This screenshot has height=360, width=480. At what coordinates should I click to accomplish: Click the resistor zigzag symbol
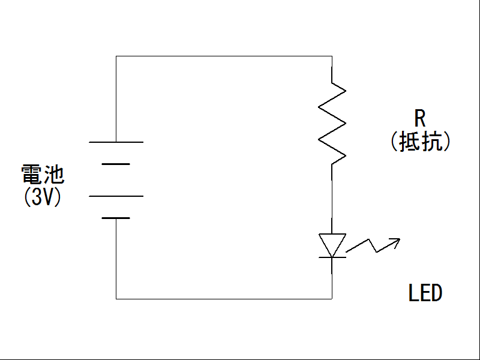pos(332,123)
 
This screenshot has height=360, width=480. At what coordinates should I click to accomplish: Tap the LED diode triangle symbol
pos(332,244)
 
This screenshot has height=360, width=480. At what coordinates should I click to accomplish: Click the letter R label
pos(420,118)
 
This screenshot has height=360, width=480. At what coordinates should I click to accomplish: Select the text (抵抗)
pos(420,142)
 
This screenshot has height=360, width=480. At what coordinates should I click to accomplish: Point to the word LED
pos(425,293)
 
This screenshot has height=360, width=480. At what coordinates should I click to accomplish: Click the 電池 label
pos(43,175)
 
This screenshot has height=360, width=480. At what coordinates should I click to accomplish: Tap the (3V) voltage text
pos(43,197)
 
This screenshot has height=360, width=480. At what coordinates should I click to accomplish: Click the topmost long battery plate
pos(116,142)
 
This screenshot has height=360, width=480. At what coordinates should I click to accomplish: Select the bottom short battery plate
pos(116,218)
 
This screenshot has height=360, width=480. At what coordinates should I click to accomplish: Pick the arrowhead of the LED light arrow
pos(396,241)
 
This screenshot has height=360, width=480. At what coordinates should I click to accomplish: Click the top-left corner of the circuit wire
pos(116,56)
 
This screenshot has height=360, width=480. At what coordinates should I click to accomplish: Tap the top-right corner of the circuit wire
pos(332,56)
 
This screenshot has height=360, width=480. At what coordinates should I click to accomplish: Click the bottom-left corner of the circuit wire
pos(116,298)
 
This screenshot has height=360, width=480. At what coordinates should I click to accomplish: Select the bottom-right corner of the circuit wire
pos(332,298)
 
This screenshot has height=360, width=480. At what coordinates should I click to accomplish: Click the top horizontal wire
pos(222,56)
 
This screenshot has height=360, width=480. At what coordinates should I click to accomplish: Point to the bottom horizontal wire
pos(222,298)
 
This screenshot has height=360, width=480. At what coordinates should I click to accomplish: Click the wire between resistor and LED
pos(332,198)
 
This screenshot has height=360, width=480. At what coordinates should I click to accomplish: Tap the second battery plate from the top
pos(116,164)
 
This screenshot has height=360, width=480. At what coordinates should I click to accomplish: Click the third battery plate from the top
pos(116,196)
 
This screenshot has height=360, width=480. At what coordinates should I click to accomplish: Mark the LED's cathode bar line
pos(332,257)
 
